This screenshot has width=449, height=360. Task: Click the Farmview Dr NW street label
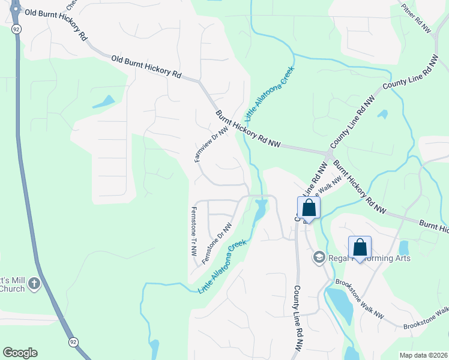pyautogui.click(x=212, y=144)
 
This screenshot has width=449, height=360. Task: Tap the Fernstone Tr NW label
pyautogui.click(x=193, y=232)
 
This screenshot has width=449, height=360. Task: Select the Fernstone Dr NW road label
pyautogui.click(x=217, y=244)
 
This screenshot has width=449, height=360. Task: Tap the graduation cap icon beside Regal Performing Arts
pyautogui.click(x=319, y=257)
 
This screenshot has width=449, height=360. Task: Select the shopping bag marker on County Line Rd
pyautogui.click(x=309, y=209)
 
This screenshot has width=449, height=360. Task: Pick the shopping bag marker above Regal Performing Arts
pyautogui.click(x=360, y=247)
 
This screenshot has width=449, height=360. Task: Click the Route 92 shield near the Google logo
pyautogui.click(x=73, y=341)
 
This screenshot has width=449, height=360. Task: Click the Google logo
pyautogui.click(x=20, y=353)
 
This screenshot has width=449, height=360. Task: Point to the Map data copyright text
pyautogui.click(x=423, y=355)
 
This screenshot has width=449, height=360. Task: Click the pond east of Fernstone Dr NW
pyautogui.click(x=261, y=210)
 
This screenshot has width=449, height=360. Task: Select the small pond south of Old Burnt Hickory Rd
pyautogui.click(x=104, y=102)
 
